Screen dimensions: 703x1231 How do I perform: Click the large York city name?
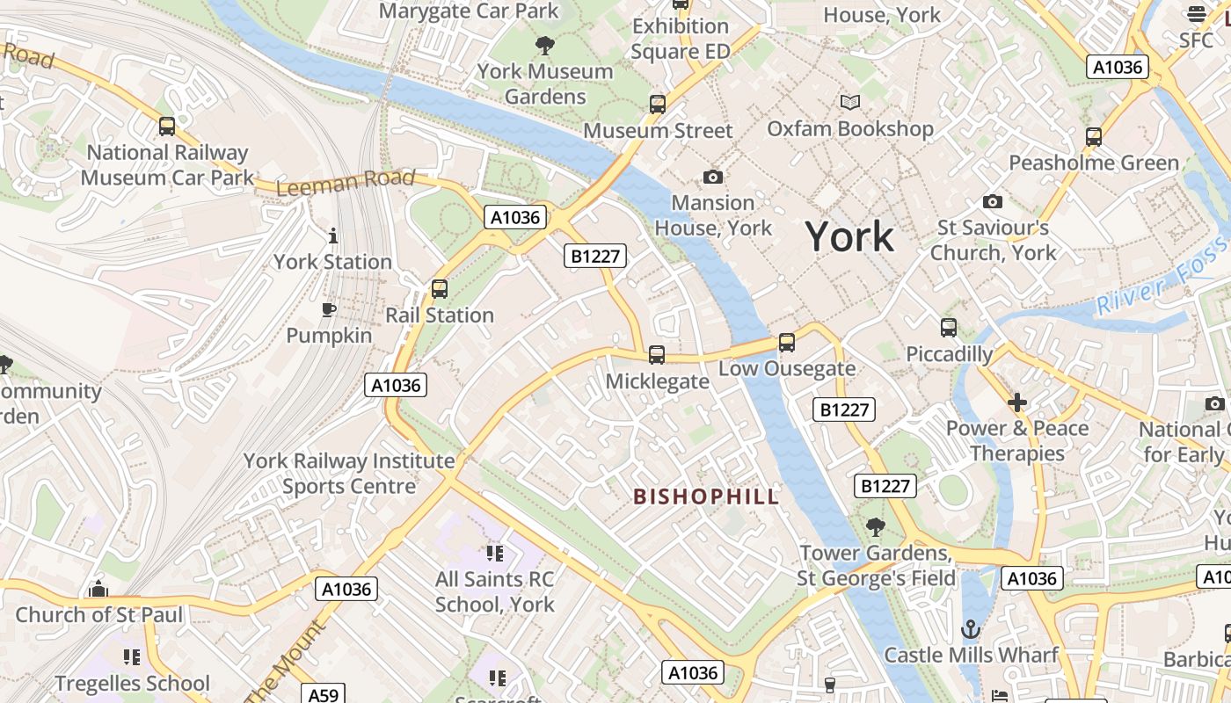849,237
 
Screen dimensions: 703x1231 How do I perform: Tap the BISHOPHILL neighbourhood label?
706,496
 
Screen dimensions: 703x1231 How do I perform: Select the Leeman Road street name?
345,183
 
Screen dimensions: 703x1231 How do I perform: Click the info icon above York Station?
332,236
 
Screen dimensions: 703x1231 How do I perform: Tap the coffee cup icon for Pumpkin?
329,309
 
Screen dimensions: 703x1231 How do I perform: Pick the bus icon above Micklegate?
657,355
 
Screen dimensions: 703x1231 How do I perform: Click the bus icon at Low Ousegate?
787,343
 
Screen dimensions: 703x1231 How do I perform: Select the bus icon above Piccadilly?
949,328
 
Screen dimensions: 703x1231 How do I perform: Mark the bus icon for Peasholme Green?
1094,137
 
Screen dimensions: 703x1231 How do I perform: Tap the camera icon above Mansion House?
713,178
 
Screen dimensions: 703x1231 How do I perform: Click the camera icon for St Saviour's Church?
993,202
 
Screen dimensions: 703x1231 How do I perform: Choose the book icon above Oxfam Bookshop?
849,103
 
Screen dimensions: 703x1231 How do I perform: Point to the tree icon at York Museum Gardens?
545,45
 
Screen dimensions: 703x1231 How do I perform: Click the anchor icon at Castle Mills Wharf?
971,629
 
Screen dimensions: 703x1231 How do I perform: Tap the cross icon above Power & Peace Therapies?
1017,402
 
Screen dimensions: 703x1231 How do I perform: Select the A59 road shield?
323,694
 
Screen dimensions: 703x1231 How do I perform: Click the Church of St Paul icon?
98,588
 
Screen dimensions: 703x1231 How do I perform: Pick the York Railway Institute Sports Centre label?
349,473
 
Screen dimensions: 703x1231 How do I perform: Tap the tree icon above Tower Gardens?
875,527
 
